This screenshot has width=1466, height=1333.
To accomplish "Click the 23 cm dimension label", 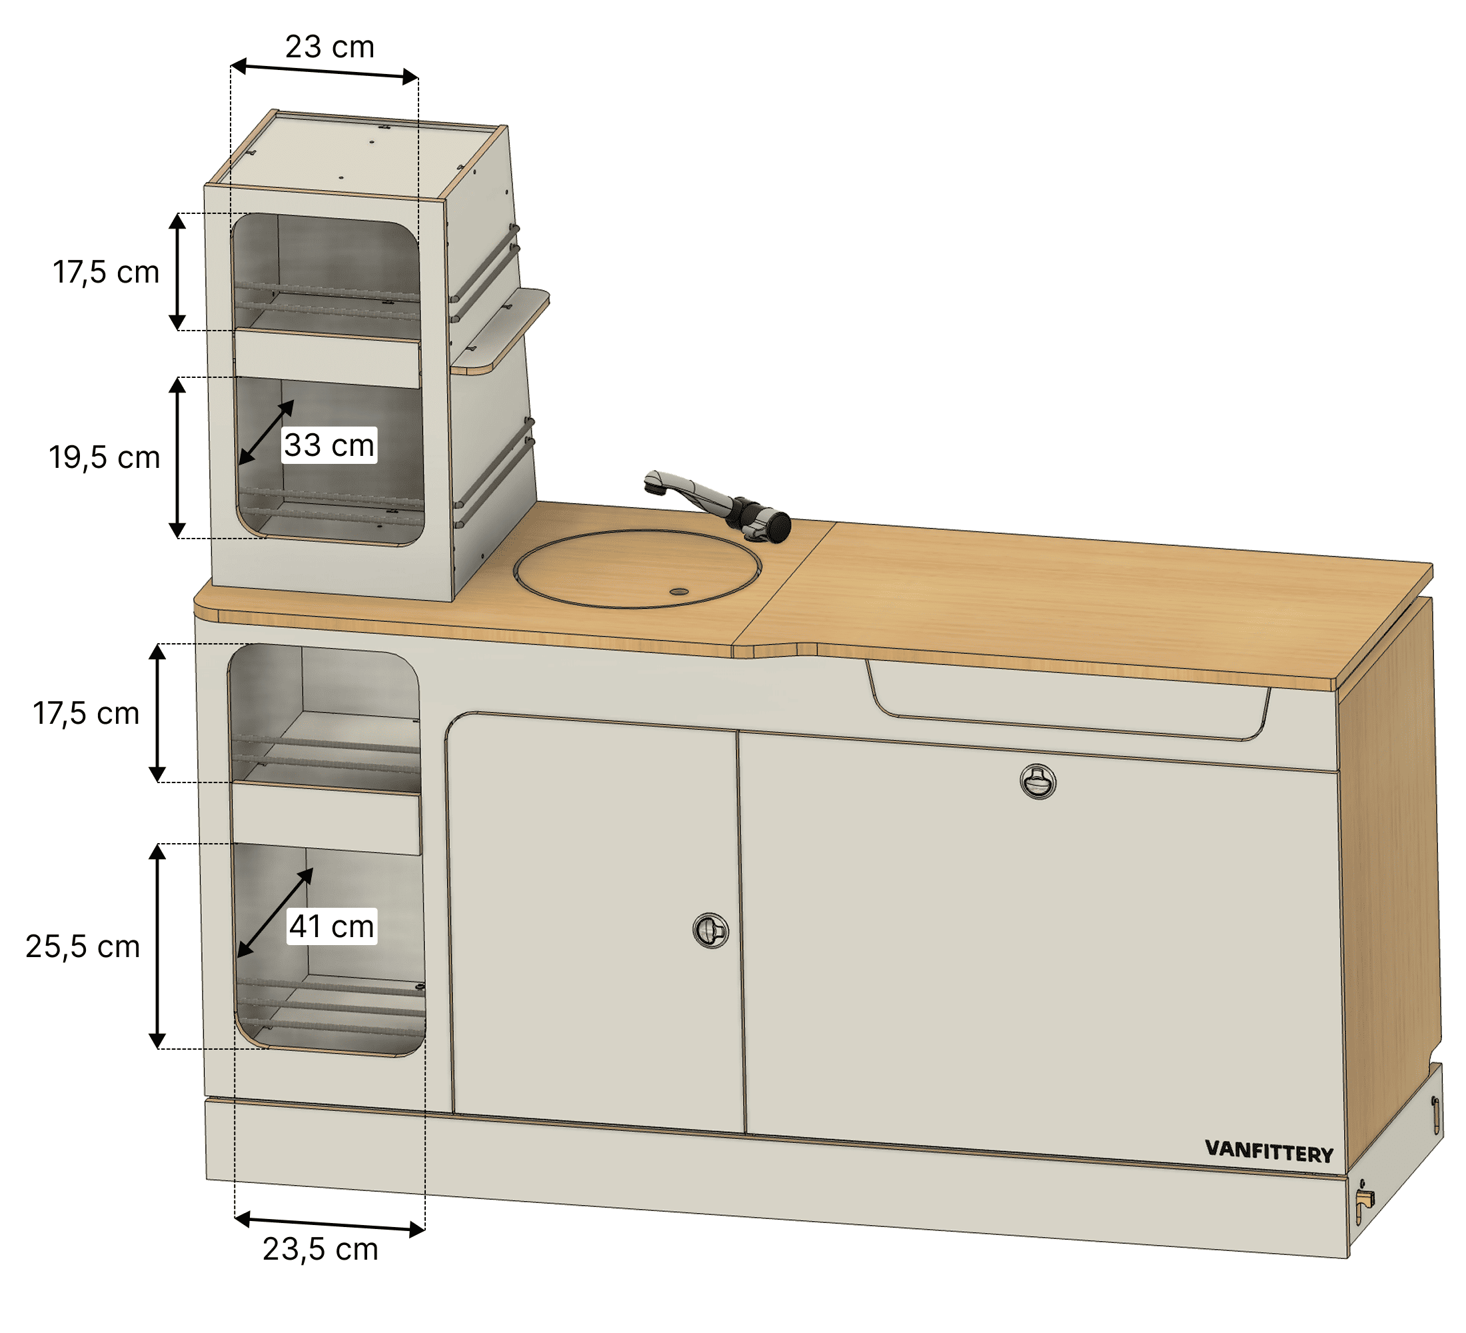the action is pos(329,47).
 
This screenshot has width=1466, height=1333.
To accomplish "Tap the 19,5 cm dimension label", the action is pos(104,458).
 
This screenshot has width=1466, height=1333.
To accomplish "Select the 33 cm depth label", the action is pos(329,445).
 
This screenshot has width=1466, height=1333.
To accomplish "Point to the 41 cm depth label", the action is pos(332,926).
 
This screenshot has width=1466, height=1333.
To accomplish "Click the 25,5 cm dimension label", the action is pos(82,947).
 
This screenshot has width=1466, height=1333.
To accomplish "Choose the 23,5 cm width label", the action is pos(320,1250).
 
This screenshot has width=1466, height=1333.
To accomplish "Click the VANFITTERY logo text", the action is pos(1269,1152).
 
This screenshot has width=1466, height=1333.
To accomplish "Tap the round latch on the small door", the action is pos(710,930).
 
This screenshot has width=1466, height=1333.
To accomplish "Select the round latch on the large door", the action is pos(1038,782).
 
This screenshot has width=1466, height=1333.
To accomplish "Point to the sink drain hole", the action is pos(678,592).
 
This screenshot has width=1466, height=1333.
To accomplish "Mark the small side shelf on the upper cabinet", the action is pos(500,331).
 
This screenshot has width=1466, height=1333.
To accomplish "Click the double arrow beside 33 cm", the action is pos(266,432).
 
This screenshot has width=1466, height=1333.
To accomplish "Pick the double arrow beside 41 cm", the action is pos(275,912).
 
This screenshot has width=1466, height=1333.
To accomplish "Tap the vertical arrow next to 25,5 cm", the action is pos(157,946).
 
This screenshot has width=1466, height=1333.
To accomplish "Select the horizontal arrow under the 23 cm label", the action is pos(325,71).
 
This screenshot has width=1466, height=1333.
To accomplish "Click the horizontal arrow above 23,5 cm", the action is pos(330,1224).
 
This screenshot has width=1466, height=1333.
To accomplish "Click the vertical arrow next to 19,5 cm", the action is pos(177,458).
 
